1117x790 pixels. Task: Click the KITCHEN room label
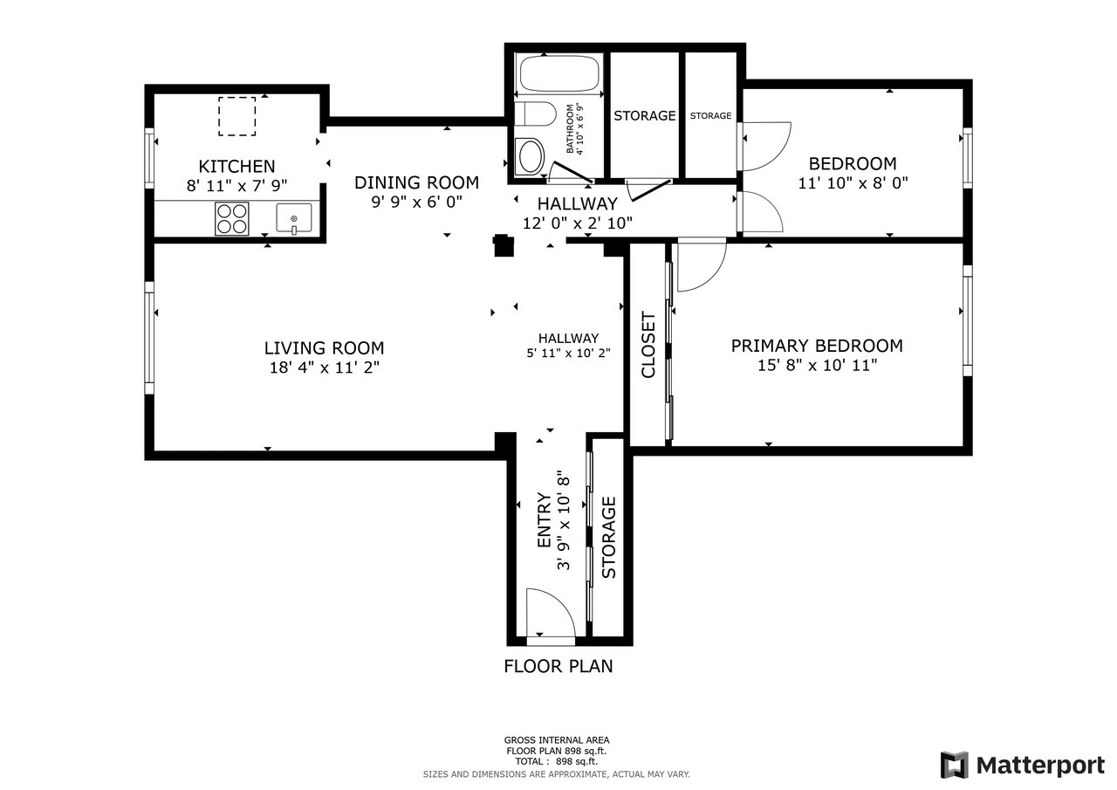click(236, 166)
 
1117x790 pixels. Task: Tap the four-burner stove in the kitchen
click(232, 218)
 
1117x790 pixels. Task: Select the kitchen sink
click(294, 218)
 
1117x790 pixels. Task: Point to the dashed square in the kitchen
click(236, 116)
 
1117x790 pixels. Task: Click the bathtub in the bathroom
click(559, 72)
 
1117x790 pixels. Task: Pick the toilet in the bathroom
click(535, 114)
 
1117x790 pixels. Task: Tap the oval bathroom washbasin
click(531, 155)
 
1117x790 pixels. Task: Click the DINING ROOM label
click(416, 182)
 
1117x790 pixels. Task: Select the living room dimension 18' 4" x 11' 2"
click(324, 368)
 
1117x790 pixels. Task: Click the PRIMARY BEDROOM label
click(817, 346)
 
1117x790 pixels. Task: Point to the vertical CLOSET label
click(648, 345)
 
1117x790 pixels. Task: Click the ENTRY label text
click(544, 519)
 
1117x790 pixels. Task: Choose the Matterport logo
click(1022, 765)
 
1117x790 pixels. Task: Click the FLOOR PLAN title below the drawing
click(558, 666)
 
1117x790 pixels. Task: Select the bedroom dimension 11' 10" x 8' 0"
click(853, 183)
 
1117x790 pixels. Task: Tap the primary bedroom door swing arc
click(710, 275)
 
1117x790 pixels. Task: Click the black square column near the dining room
click(504, 245)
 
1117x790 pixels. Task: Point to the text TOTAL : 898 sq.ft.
click(557, 761)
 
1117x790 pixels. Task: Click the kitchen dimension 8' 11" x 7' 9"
click(236, 186)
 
